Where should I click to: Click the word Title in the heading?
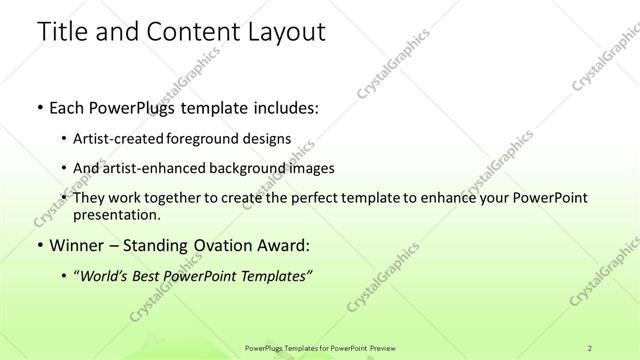pos(62,32)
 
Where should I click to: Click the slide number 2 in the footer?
pos(591,348)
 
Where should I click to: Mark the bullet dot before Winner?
pos(39,245)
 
